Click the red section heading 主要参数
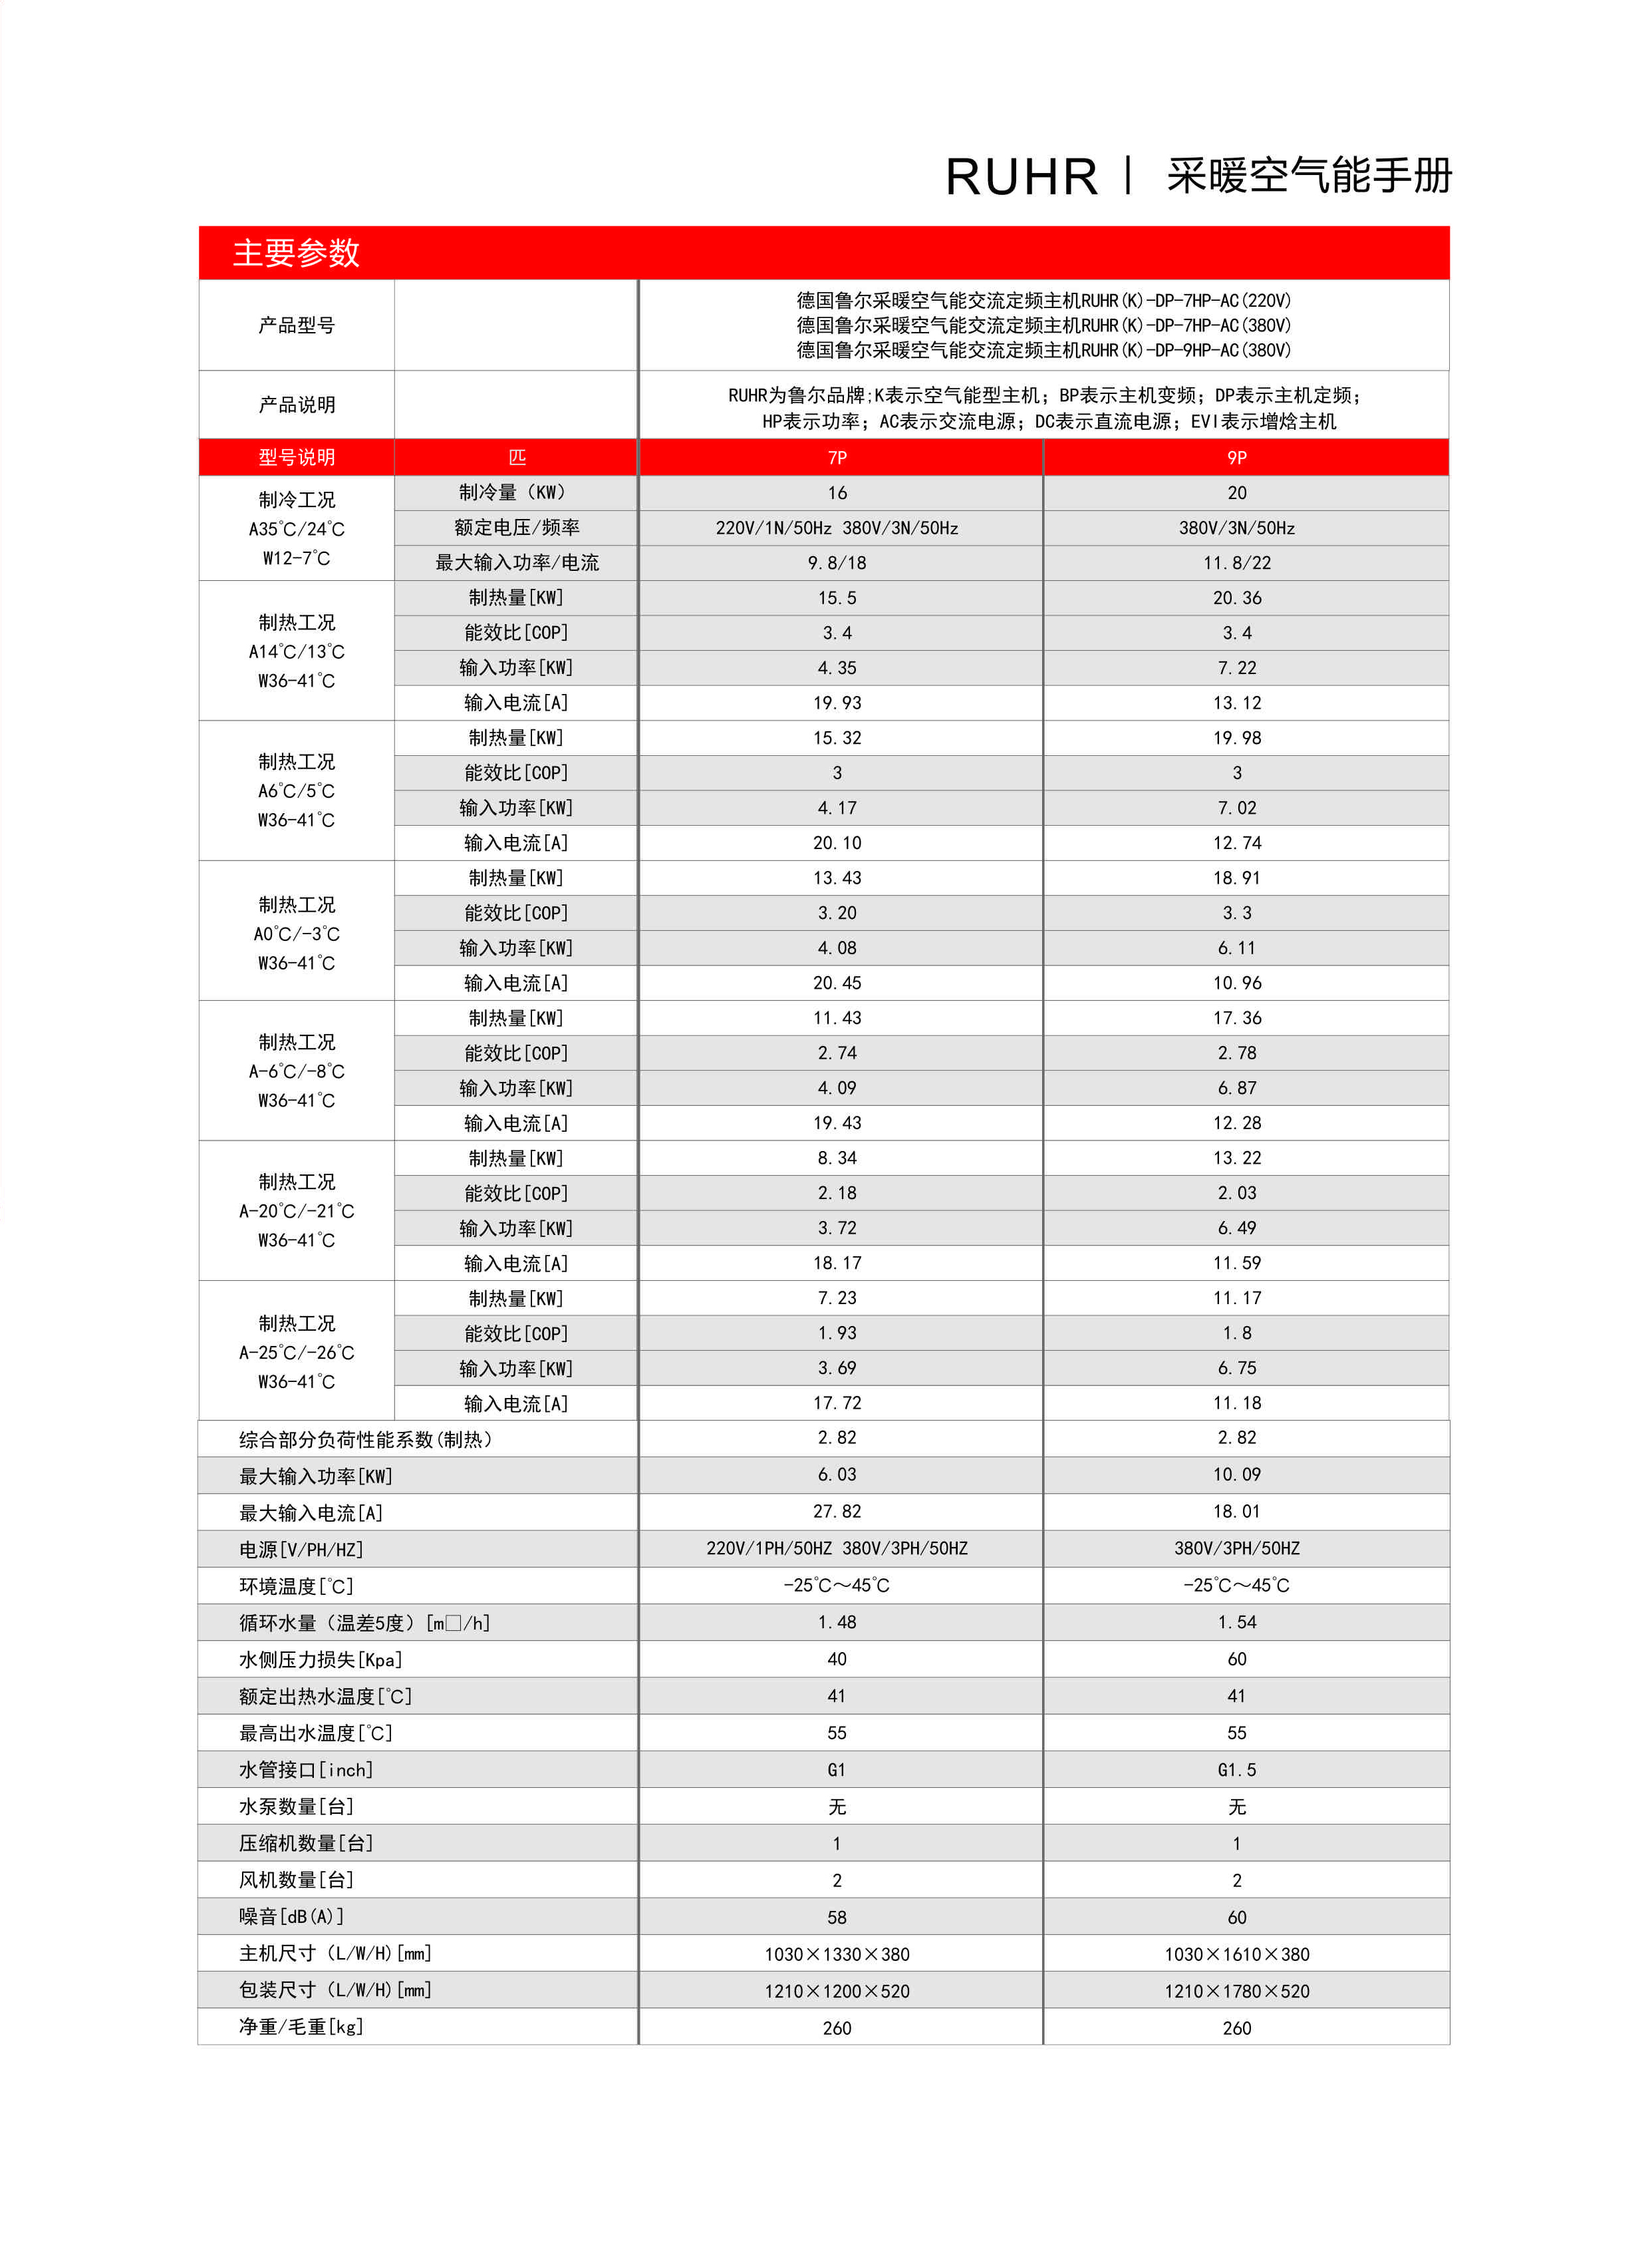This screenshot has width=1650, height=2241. point(296,253)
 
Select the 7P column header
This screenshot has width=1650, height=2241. point(837,458)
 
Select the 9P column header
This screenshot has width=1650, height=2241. point(1236,458)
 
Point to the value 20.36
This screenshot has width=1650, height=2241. point(1236,598)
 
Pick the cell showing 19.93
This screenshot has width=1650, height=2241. point(837,703)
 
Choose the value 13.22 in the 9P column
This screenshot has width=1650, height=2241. point(1236,1158)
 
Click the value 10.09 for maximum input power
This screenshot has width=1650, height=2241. point(1236,1474)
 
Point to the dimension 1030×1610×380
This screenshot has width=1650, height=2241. point(1236,1954)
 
